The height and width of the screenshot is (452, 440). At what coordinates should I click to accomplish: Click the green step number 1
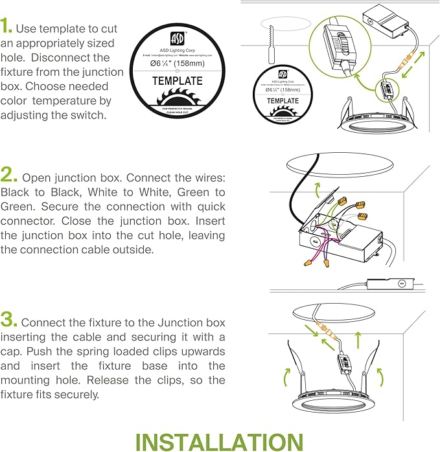coord(6,27)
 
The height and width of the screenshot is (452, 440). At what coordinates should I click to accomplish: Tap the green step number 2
coord(8,175)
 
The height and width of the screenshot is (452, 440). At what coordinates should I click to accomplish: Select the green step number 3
coord(8,320)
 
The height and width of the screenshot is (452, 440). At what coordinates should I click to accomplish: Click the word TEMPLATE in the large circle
coord(177,81)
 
